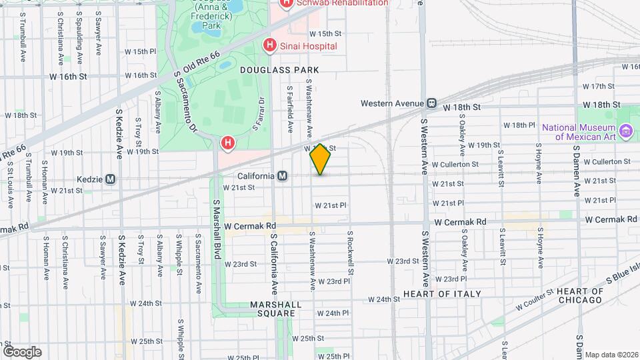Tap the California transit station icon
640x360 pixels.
tap(283, 176)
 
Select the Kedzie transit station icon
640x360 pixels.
tap(111, 179)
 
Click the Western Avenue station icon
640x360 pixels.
tap(432, 103)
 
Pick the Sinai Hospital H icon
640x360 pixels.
tap(269, 45)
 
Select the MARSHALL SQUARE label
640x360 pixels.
tap(273, 309)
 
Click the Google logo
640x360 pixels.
tap(22, 351)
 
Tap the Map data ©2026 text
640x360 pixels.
tap(611, 355)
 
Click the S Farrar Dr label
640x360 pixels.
tap(259, 114)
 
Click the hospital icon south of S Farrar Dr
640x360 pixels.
tap(228, 143)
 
